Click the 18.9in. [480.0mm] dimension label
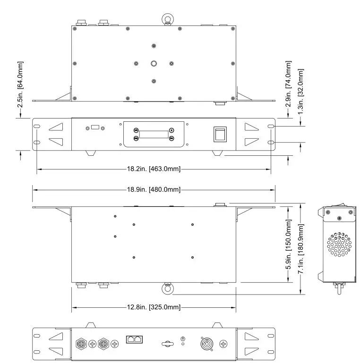(154, 189)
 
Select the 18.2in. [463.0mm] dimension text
(154, 169)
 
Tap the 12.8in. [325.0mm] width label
(154, 307)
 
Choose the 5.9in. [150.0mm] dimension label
(289, 244)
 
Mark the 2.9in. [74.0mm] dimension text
(289, 84)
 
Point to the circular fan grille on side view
(339, 244)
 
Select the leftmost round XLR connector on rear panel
(81, 343)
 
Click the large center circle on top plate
(154, 63)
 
